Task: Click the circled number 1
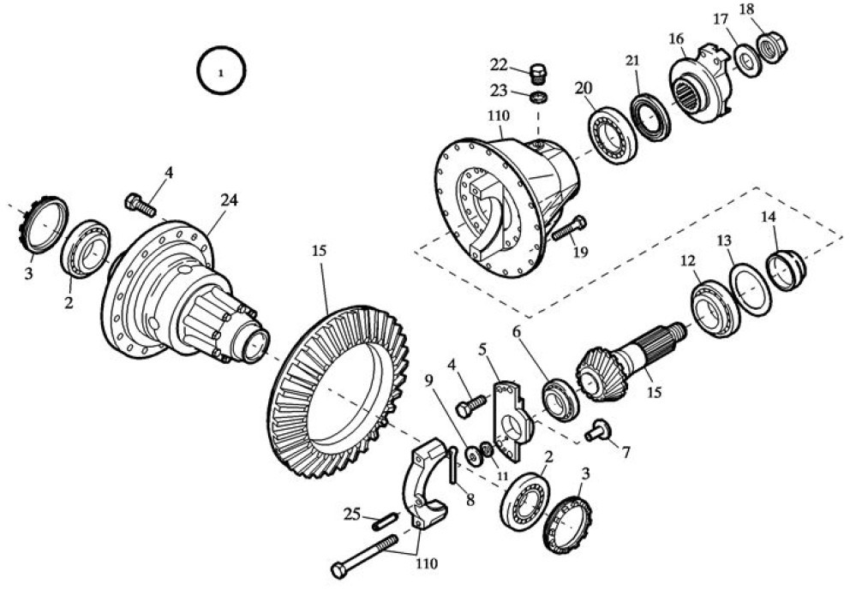pyautogui.click(x=221, y=72)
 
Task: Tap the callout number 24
pyautogui.click(x=228, y=200)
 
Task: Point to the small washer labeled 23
pyautogui.click(x=539, y=97)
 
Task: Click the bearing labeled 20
pyautogui.click(x=612, y=134)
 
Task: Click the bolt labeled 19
pyautogui.click(x=566, y=229)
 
